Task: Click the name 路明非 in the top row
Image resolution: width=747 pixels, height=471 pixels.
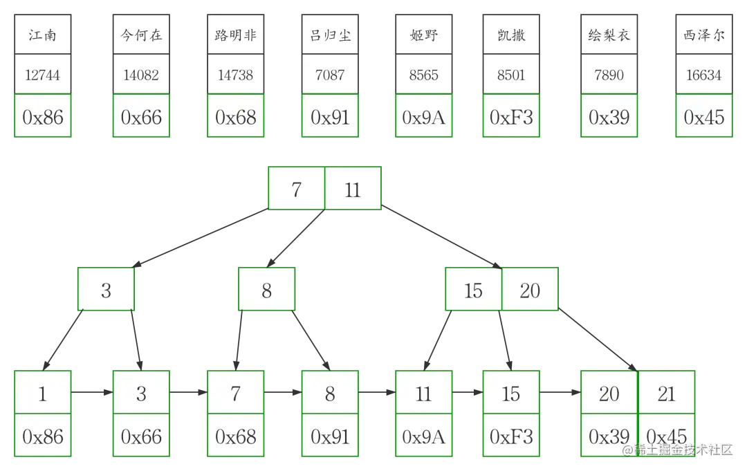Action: [x=235, y=35]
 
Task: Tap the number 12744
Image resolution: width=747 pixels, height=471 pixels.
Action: [x=42, y=75]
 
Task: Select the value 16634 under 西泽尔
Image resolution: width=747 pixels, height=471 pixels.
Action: [x=703, y=75]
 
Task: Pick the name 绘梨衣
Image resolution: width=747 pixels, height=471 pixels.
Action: [x=609, y=35]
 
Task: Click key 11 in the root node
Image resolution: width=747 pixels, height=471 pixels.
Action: [x=353, y=189]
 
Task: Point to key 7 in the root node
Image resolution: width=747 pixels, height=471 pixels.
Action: [x=296, y=189]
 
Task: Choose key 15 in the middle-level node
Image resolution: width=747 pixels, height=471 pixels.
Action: [x=473, y=290]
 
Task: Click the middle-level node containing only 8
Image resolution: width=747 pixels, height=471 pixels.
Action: [x=267, y=290]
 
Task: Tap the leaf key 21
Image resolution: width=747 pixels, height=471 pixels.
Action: [x=666, y=394]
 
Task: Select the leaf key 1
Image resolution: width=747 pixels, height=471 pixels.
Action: [x=42, y=394]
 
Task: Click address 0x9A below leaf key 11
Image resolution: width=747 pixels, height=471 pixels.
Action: [x=423, y=436]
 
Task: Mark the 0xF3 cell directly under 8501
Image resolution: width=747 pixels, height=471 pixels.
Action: [x=511, y=118]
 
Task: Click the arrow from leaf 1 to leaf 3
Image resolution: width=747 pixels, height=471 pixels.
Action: [x=91, y=393]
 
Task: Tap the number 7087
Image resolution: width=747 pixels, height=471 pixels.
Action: [x=329, y=75]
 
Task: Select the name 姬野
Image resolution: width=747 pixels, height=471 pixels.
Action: [x=423, y=35]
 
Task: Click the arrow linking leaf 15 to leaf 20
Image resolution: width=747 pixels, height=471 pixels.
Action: [x=560, y=393]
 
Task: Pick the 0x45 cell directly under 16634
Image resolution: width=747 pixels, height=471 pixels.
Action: [x=703, y=118]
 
